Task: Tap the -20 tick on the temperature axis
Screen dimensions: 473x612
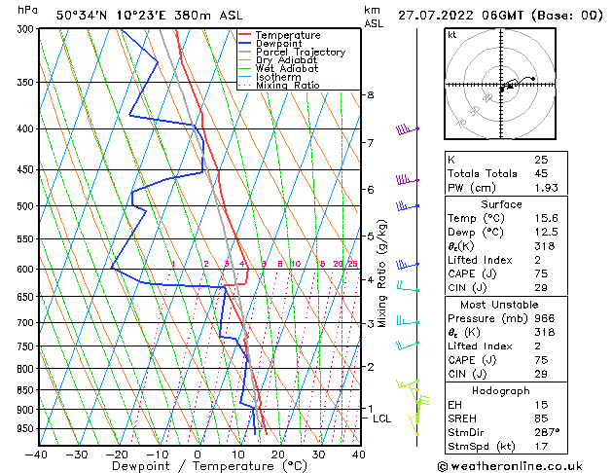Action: point(117,454)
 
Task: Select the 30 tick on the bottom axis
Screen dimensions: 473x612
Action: point(318,454)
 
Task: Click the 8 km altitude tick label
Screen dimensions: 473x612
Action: point(370,94)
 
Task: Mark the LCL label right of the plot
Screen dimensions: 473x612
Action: point(382,418)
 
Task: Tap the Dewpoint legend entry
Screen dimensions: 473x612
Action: point(281,44)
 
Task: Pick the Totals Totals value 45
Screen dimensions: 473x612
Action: point(541,173)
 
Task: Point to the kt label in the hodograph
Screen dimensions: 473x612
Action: point(451,35)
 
